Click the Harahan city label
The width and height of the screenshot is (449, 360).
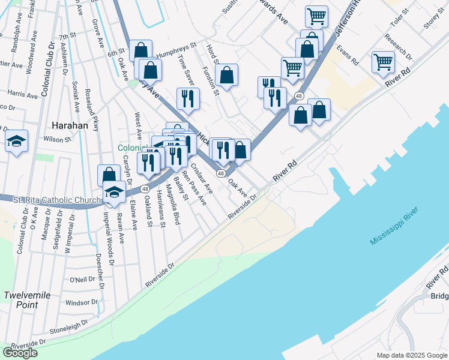(x=70, y=126)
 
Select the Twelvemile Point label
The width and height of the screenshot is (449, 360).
(x=29, y=300)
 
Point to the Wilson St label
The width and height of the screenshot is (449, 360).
(x=58, y=139)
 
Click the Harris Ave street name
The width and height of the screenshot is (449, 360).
(x=23, y=94)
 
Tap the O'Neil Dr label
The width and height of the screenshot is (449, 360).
(x=83, y=280)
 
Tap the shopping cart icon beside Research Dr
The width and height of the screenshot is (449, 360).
(x=383, y=61)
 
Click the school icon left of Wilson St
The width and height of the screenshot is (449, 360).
(x=17, y=141)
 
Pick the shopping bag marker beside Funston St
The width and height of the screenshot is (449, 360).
(x=227, y=75)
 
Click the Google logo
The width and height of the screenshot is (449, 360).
(x=20, y=353)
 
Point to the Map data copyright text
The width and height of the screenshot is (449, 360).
(x=412, y=355)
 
